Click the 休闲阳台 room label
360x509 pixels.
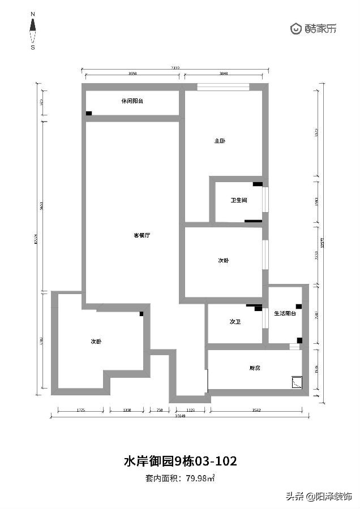click(x=132, y=101)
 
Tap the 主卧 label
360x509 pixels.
click(x=220, y=141)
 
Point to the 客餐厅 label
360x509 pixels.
click(x=141, y=235)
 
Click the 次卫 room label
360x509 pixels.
click(x=235, y=321)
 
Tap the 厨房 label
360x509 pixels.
click(x=255, y=368)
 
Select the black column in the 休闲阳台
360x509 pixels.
click(x=89, y=114)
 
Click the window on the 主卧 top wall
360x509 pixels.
click(x=223, y=87)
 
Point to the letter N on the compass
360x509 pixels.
click(x=33, y=12)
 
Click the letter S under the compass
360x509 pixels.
click(x=33, y=48)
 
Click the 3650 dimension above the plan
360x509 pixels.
click(x=133, y=74)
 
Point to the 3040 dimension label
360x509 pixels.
click(x=223, y=74)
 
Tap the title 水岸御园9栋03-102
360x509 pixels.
click(x=180, y=461)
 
